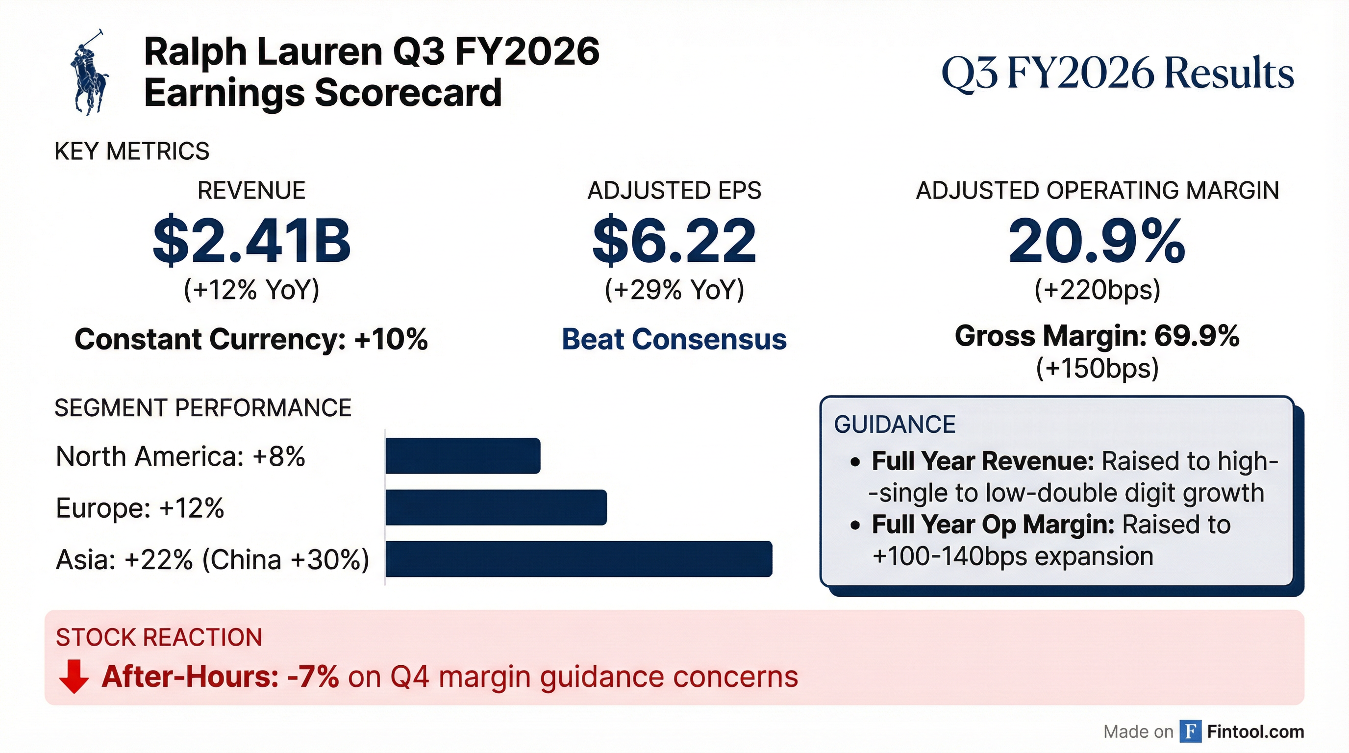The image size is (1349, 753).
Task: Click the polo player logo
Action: pos(89,72)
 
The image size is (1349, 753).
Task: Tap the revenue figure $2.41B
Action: pos(251,241)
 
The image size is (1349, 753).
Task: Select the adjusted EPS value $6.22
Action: pos(674,241)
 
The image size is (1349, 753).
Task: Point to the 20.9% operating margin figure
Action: pos(1097,241)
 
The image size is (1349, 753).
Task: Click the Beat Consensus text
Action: pos(674,339)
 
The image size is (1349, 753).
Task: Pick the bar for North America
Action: pos(462,455)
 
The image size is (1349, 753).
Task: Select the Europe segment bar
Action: pos(496,507)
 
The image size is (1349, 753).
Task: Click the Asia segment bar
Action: pos(578,559)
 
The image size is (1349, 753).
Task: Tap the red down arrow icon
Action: pos(74,677)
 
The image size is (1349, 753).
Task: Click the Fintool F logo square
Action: pos(1190,731)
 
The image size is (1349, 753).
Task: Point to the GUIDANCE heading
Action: pos(895,424)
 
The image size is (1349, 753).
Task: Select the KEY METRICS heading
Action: pos(132,151)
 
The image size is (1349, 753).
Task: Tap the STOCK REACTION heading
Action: pos(159,637)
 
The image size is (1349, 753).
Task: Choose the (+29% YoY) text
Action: pos(674,289)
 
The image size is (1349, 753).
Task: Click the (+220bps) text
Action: pos(1097,289)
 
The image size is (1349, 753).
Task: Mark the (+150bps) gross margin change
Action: pos(1097,368)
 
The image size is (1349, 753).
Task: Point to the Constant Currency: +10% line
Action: pos(251,339)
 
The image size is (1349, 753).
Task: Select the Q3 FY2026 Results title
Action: pos(1118,74)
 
